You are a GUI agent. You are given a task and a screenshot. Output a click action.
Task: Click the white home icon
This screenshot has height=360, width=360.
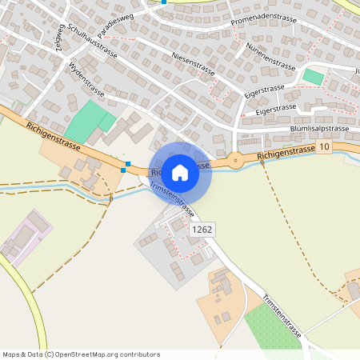(180, 172)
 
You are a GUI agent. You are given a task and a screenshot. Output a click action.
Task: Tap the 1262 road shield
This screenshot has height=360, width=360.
(202, 230)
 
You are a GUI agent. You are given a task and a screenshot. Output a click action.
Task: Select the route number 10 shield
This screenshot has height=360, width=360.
(323, 147)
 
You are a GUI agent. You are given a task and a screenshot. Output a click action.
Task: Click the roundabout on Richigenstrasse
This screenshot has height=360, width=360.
(235, 160)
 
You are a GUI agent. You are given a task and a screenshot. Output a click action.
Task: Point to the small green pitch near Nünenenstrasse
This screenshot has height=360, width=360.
(314, 78)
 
